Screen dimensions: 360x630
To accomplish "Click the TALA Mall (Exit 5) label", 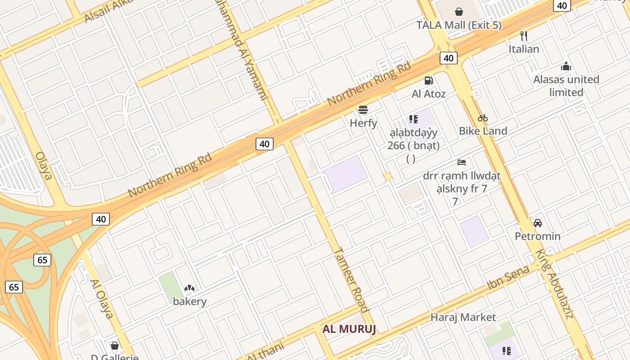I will tap(459, 25).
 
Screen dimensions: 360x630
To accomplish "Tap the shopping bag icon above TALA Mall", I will tap(459, 11).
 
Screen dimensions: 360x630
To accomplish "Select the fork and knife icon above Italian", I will tap(523, 36).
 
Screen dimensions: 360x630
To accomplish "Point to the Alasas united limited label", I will tap(566, 85).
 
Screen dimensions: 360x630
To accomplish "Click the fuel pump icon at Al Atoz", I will tap(429, 81).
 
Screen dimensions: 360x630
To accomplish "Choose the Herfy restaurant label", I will tap(363, 123).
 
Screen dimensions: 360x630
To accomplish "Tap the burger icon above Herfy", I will tap(363, 109).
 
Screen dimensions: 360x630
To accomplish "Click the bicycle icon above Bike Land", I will tap(483, 118).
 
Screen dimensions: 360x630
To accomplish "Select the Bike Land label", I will tap(483, 131).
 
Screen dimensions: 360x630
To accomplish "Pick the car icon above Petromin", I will tap(537, 223).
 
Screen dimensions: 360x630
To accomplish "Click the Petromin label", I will tap(537, 236).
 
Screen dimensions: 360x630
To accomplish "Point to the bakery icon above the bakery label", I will tap(189, 288).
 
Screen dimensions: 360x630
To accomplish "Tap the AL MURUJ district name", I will tap(349, 329).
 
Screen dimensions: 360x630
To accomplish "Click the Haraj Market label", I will tap(463, 317).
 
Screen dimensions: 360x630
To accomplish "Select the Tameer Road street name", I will tap(351, 279).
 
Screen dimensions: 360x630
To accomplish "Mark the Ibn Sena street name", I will tap(508, 278).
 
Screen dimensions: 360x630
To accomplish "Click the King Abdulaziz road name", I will tap(554, 283).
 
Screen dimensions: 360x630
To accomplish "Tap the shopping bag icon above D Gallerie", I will tap(114, 346).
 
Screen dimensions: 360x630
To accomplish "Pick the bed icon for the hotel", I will tap(462, 162).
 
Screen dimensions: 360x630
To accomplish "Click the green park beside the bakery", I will tap(170, 286).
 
